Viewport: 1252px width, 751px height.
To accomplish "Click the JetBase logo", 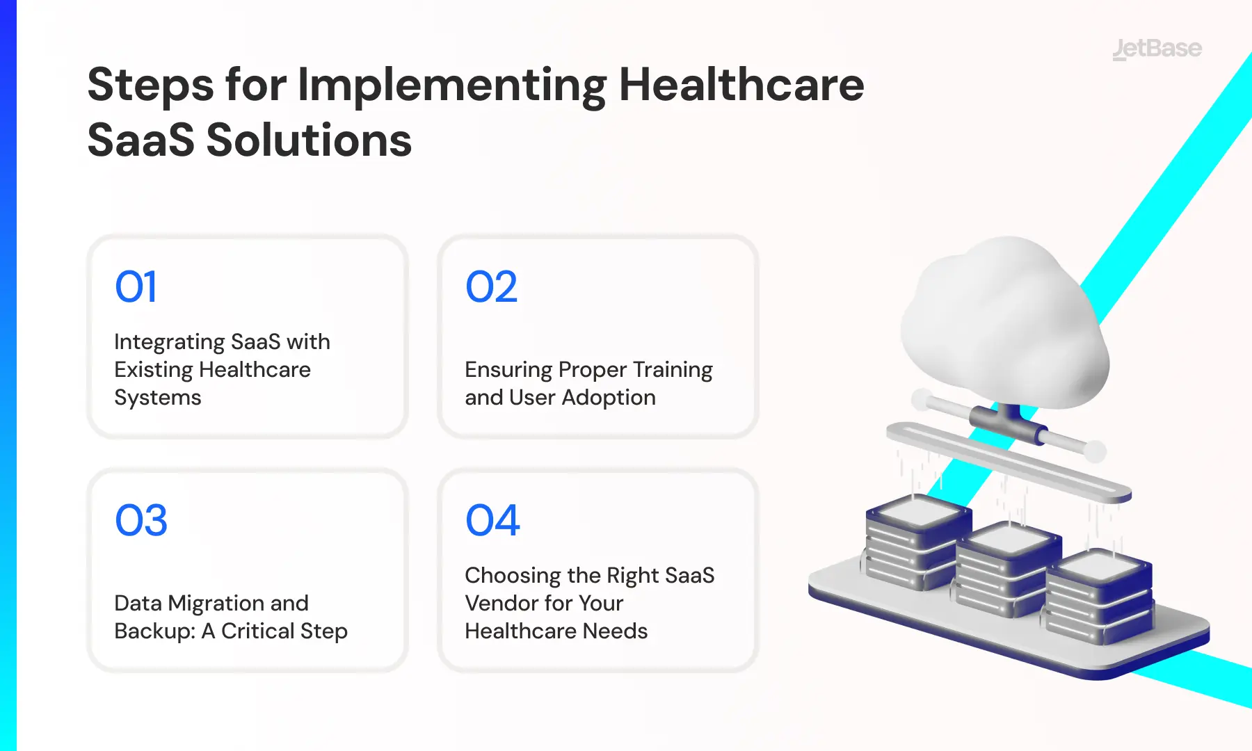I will point(1157,49).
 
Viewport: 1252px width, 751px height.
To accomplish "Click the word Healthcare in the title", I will point(741,85).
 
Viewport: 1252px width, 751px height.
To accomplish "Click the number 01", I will point(136,286).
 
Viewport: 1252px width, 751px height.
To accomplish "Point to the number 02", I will point(492,286).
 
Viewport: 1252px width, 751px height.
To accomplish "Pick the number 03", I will point(141,520).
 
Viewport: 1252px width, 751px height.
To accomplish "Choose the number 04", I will point(492,520).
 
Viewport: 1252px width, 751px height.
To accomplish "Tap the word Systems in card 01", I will point(158,398).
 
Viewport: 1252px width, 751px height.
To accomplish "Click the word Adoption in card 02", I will point(609,398).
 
